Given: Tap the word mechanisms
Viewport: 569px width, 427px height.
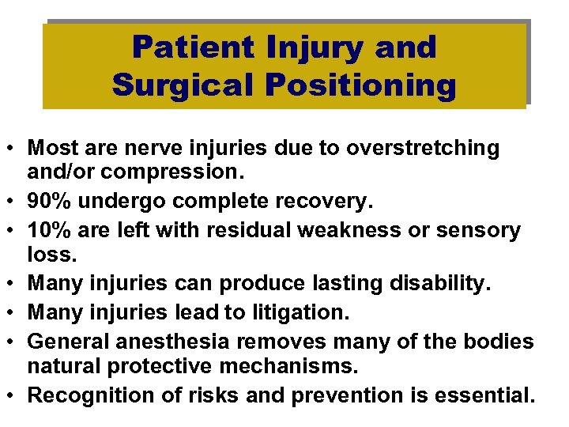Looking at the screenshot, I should [x=307, y=368].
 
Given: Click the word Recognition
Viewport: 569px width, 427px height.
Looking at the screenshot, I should [x=80, y=395].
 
